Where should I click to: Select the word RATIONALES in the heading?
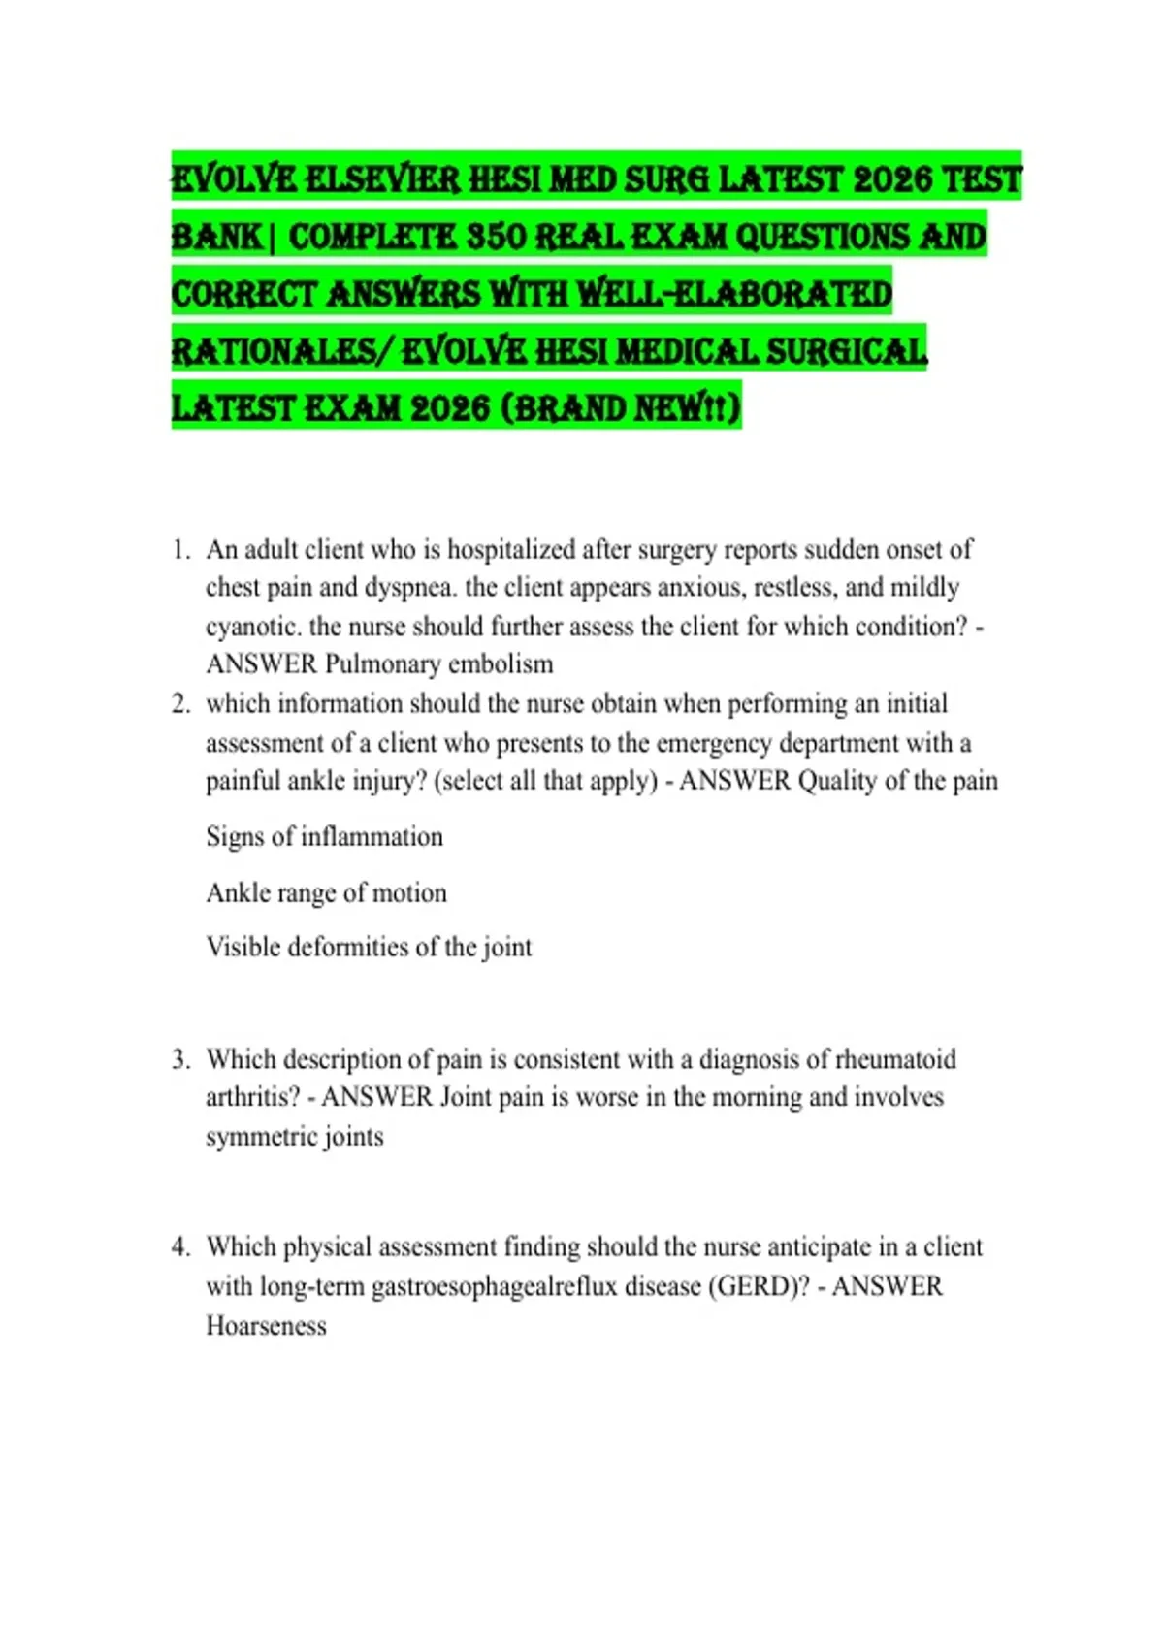pos(273,351)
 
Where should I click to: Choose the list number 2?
pos(180,703)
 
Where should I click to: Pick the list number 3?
pos(180,1058)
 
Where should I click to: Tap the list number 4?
pos(180,1246)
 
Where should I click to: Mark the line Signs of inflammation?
pos(324,836)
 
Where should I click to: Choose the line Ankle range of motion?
pos(326,892)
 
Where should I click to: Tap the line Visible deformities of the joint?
pos(369,947)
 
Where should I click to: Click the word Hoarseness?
pos(266,1326)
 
